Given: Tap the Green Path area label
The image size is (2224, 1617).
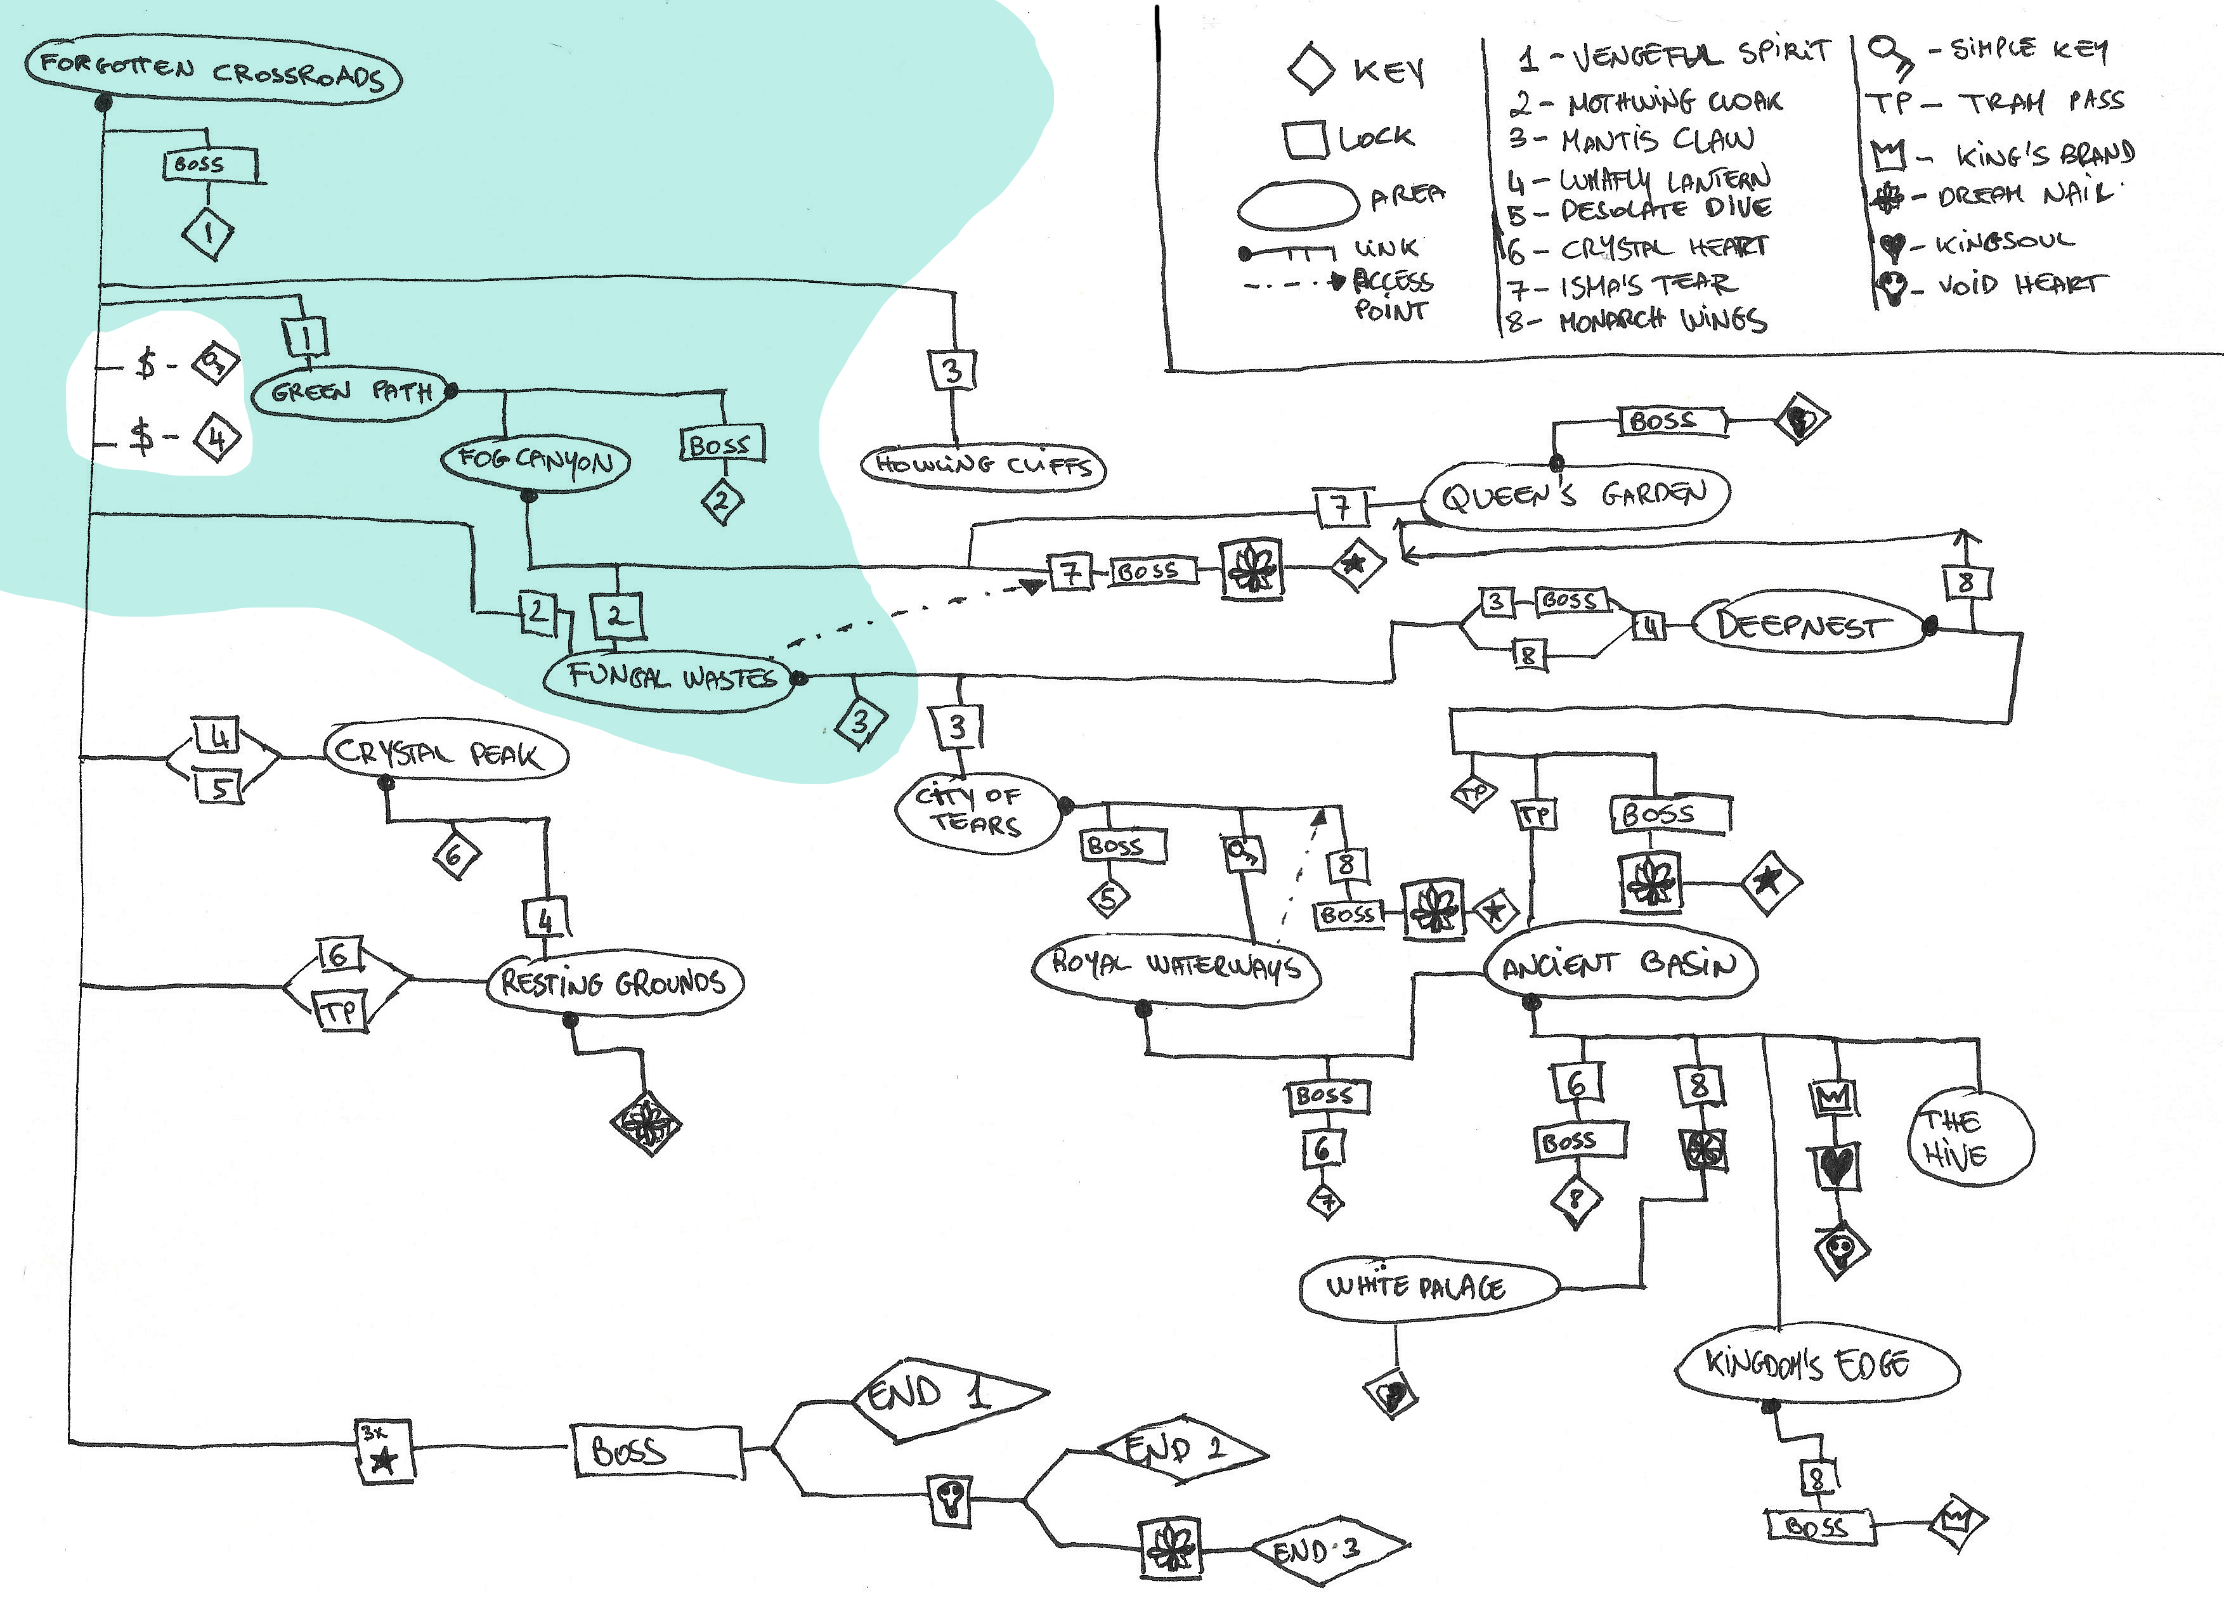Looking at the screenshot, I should pos(350,393).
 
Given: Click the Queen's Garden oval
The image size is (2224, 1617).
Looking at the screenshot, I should pos(1575,495).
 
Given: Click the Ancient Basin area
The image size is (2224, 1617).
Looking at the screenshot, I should pos(1620,966).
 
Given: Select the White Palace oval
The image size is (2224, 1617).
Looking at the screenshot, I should pos(1427,1287).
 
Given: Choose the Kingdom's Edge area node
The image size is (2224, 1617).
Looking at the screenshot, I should pos(1816,1365).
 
